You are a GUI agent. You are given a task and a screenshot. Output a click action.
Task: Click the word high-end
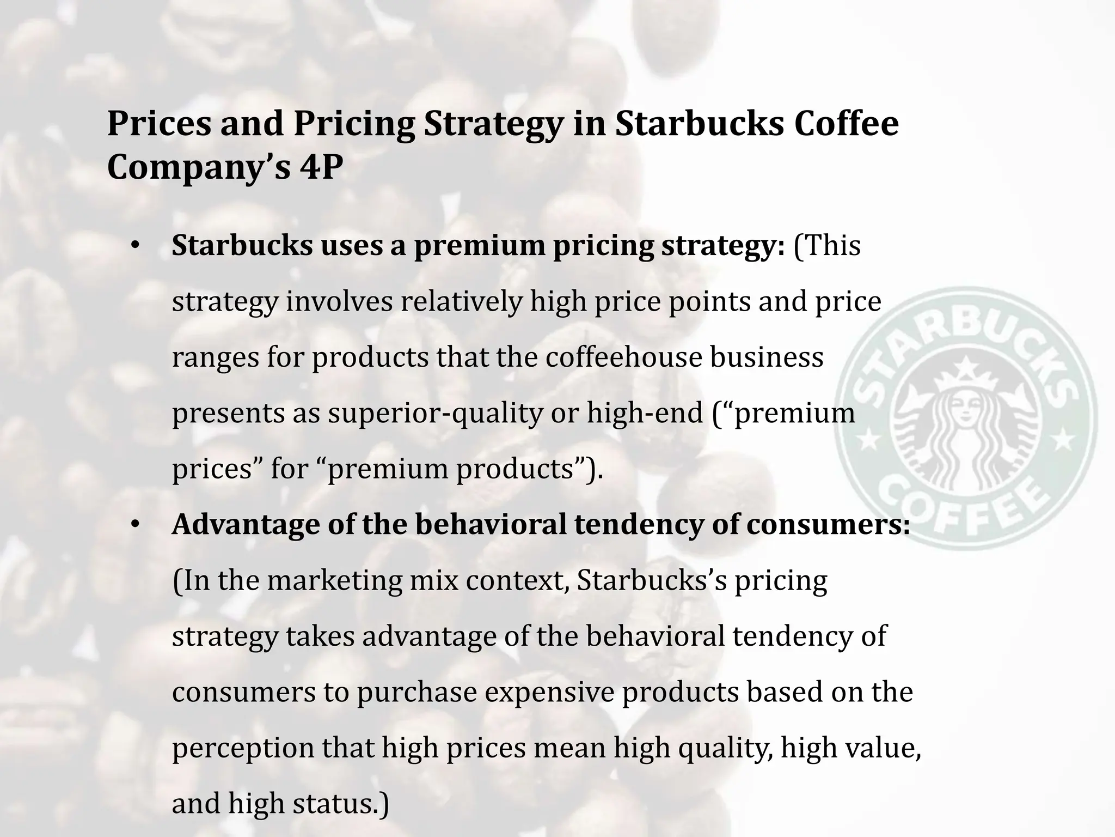click(x=645, y=413)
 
